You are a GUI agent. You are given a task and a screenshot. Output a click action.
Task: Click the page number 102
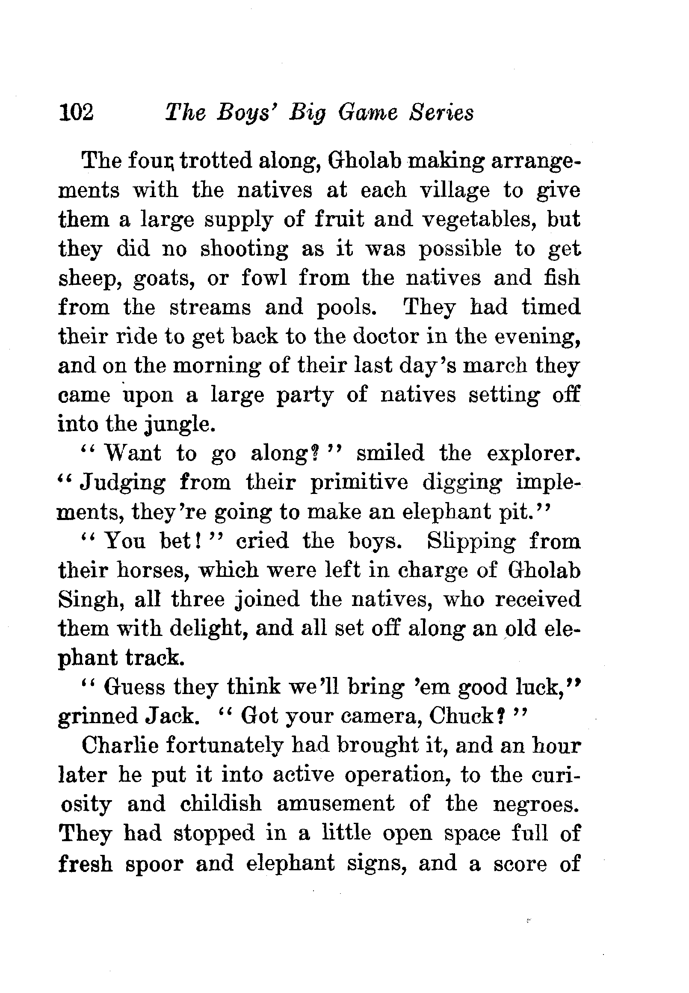(76, 113)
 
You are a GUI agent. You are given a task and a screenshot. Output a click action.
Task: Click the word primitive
(359, 483)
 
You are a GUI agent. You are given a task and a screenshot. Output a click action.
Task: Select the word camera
(379, 717)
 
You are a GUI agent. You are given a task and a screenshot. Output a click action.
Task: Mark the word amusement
(335, 804)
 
